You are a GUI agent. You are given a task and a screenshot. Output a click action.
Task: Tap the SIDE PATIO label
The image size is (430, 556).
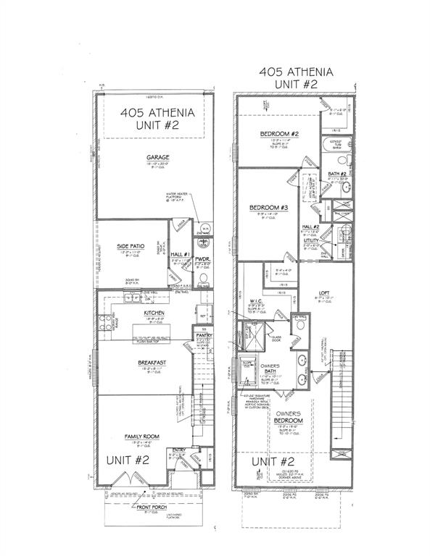tap(131, 246)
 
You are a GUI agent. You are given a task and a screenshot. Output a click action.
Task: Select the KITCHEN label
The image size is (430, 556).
tap(153, 313)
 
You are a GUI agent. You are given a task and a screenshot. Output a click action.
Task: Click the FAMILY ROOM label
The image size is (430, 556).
tap(142, 436)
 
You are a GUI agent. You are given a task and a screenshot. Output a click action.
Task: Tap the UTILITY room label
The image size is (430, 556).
tap(311, 239)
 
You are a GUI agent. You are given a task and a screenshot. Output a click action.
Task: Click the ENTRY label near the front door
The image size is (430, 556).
tap(177, 450)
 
